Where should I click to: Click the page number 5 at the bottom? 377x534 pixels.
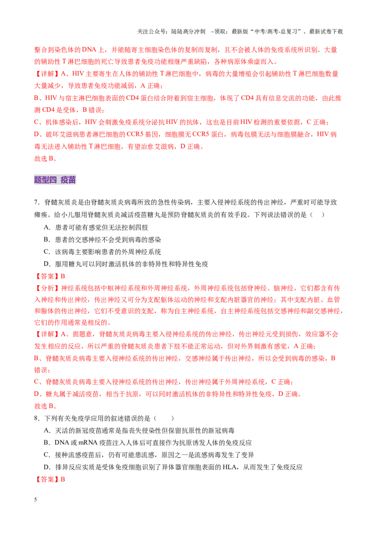click(35, 499)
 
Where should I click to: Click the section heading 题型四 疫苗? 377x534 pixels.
click(55, 180)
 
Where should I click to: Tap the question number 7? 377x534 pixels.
click(37, 203)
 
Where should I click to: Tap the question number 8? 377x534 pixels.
click(37, 418)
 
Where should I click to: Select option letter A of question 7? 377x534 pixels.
click(47, 227)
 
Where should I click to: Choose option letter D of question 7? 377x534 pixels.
click(47, 264)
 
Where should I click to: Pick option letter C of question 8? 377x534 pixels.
click(47, 455)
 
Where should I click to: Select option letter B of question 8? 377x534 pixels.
click(47, 443)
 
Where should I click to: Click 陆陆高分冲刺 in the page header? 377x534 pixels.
click(188, 32)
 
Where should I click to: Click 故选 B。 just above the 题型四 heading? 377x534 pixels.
click(45, 159)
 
